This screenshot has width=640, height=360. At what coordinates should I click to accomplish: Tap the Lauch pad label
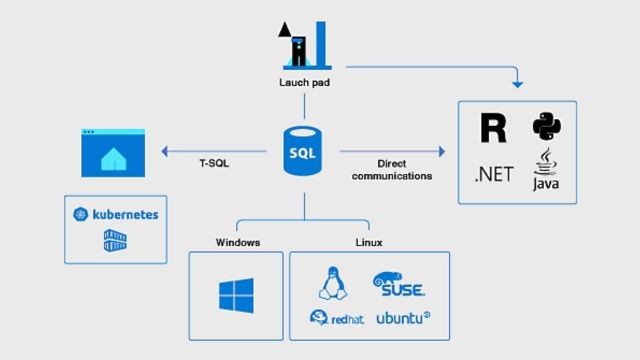(x=304, y=83)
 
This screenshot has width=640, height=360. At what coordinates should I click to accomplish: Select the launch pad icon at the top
(x=303, y=42)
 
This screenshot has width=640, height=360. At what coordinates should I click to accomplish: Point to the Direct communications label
(x=405, y=169)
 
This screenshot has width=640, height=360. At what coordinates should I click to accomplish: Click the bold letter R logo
(x=493, y=128)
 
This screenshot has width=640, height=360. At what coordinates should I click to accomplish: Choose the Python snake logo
(x=546, y=127)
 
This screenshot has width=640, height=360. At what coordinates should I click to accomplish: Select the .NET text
(x=493, y=175)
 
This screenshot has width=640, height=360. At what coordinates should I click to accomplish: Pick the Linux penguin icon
(x=331, y=283)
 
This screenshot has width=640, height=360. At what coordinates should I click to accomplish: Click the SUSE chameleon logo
(x=399, y=284)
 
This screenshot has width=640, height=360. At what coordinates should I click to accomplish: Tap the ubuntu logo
(x=403, y=319)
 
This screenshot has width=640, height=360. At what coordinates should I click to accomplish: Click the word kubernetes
(x=125, y=214)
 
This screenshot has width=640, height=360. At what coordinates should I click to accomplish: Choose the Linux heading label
(x=368, y=242)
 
